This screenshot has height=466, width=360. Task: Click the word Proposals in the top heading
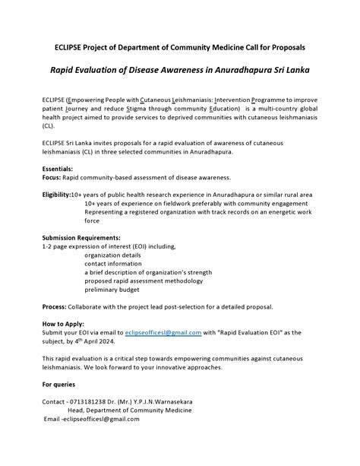coord(283,47)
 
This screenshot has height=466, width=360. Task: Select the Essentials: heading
coord(58,168)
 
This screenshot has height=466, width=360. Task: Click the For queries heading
coord(58,384)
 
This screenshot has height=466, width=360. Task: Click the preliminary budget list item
coord(112,290)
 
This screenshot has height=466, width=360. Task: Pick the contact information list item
coord(115,264)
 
